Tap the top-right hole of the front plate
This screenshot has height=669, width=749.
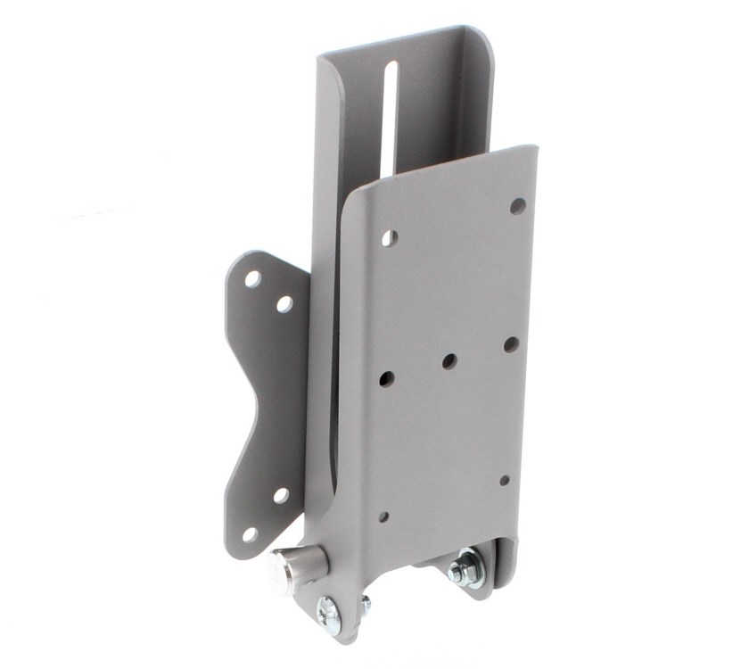[517, 206]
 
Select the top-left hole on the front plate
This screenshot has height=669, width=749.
[389, 238]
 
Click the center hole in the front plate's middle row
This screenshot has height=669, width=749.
[449, 361]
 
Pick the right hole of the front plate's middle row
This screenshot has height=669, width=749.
[511, 344]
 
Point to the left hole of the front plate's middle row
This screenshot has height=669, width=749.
[386, 379]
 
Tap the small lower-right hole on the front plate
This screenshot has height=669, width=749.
[504, 480]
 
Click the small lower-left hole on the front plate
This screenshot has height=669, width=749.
[383, 516]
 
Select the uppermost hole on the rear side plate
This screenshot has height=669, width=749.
[253, 279]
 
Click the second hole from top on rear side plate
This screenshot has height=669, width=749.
[284, 304]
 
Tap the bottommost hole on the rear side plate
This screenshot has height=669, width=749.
[250, 534]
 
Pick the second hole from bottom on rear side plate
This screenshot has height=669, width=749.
[280, 495]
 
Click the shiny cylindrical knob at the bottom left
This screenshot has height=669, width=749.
[295, 569]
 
